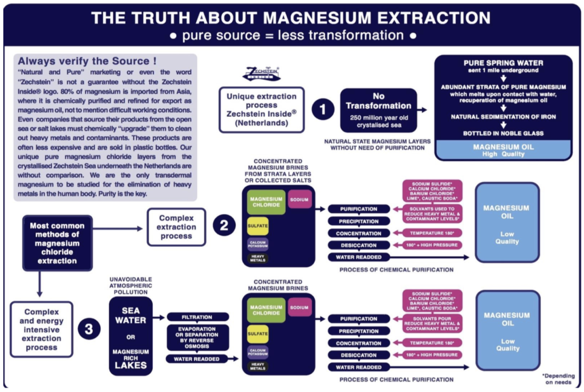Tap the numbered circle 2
224,226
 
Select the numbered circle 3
89,330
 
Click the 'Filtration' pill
198,317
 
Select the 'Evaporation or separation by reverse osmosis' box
198,337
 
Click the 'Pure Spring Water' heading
503,63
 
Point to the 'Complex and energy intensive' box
41,329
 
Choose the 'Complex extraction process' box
176,227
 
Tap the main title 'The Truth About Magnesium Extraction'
291,18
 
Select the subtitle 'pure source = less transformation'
291,35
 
